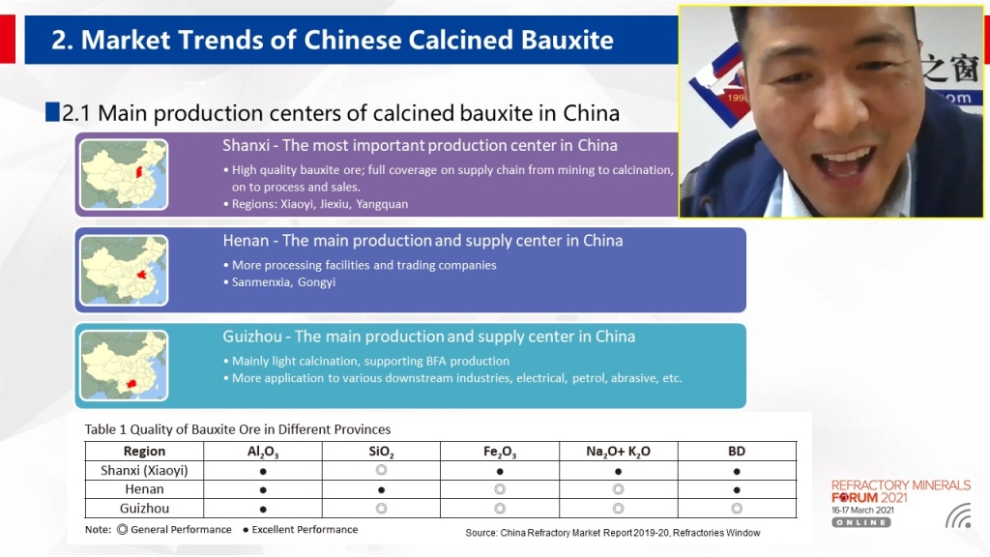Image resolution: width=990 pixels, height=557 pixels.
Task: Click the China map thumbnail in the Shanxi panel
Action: pyautogui.click(x=124, y=174)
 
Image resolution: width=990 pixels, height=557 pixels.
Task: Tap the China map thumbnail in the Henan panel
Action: pyautogui.click(x=124, y=271)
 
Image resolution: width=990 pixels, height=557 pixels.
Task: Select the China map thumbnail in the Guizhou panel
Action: pyautogui.click(x=124, y=366)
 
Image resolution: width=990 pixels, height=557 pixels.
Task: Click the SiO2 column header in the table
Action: pyautogui.click(x=381, y=452)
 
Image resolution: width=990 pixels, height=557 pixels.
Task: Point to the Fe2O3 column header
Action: pyautogui.click(x=500, y=452)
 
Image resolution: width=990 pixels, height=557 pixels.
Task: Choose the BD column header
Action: pyautogui.click(x=737, y=451)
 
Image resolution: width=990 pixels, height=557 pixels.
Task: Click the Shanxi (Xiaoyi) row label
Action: pyautogui.click(x=144, y=471)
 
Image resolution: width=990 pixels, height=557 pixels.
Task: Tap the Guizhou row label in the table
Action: pyautogui.click(x=144, y=509)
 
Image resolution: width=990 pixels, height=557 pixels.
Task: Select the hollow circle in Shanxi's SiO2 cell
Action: pyautogui.click(x=381, y=470)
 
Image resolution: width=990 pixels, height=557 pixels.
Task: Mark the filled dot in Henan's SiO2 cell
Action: pyautogui.click(x=381, y=490)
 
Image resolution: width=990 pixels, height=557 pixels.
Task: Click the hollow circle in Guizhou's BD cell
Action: pyautogui.click(x=737, y=509)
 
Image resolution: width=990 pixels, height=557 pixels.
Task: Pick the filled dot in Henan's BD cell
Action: pyautogui.click(x=737, y=490)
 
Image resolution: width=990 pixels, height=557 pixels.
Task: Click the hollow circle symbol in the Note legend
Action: pyautogui.click(x=123, y=530)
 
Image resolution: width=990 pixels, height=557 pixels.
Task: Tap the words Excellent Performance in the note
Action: pyautogui.click(x=305, y=529)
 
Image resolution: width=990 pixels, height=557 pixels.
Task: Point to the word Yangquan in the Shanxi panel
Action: pyautogui.click(x=382, y=204)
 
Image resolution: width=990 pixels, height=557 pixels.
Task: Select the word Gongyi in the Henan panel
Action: pyautogui.click(x=316, y=282)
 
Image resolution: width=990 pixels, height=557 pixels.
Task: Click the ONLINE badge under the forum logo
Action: pyautogui.click(x=861, y=522)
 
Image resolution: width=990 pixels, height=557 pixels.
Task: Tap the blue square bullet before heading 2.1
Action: pyautogui.click(x=52, y=112)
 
